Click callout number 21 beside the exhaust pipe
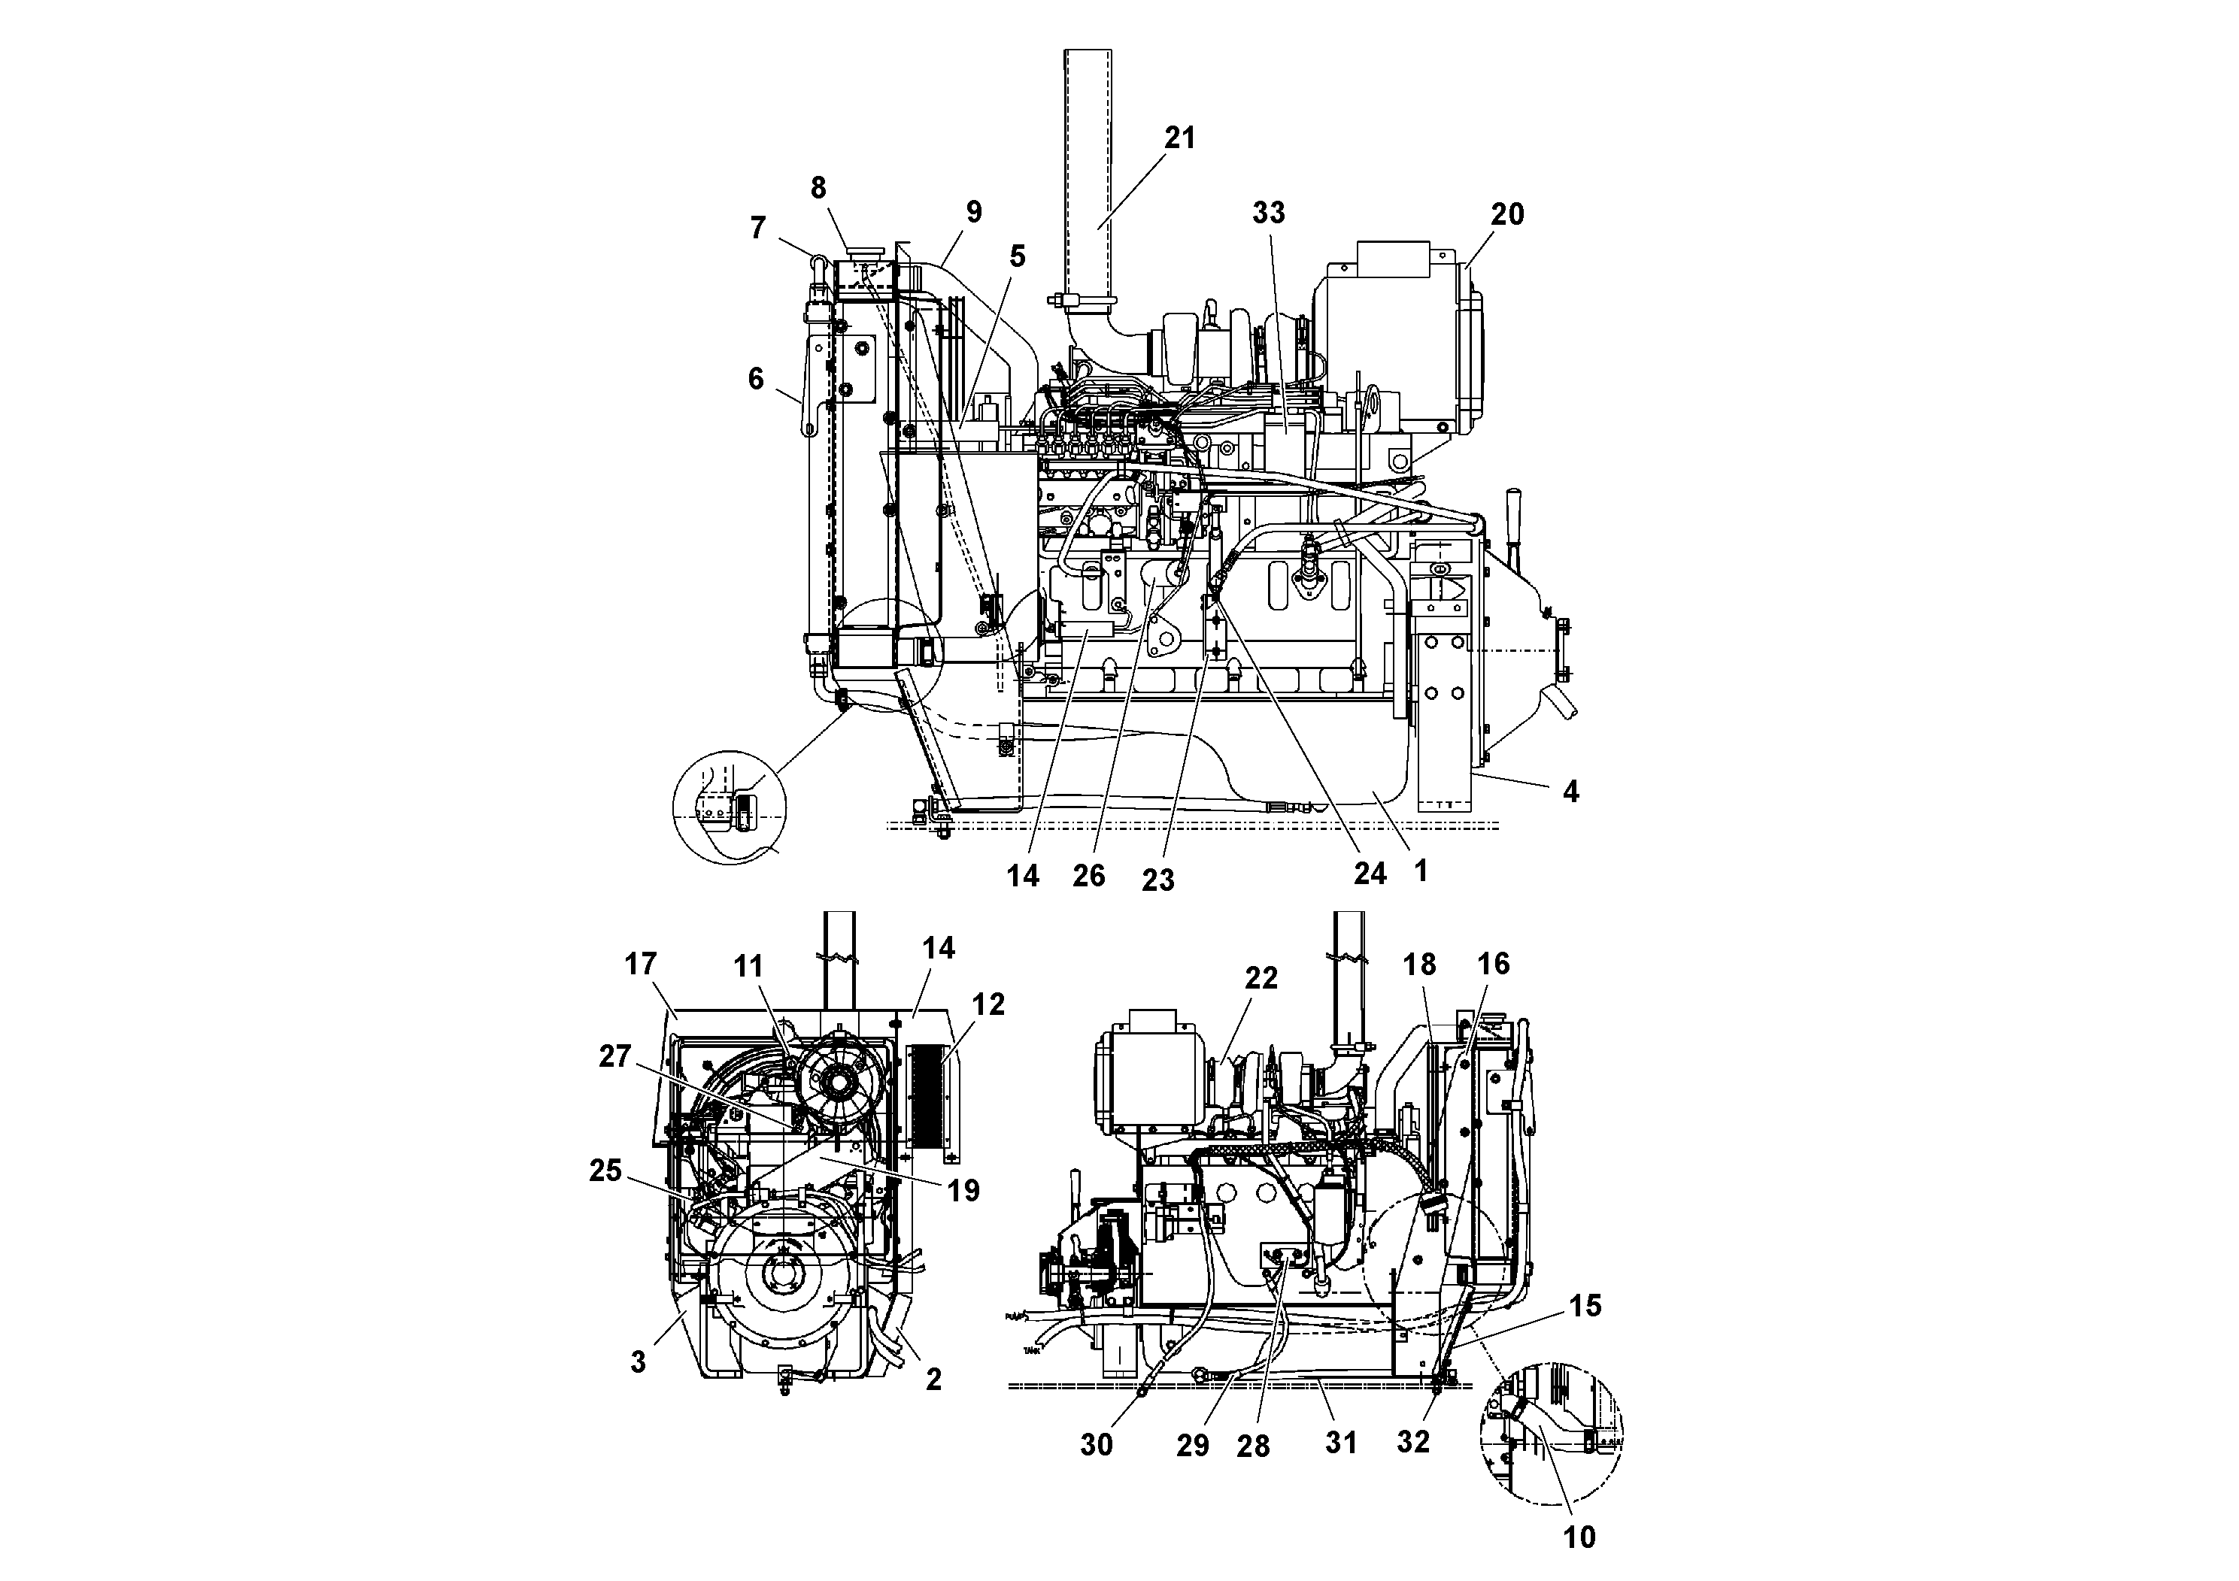[x=1179, y=138]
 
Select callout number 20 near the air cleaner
[x=1506, y=214]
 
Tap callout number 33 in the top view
[x=1269, y=213]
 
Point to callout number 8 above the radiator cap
[x=818, y=188]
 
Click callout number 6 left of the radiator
[x=756, y=378]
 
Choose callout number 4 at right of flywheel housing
[x=1570, y=792]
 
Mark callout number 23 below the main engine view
[x=1157, y=880]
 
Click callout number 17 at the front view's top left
[x=641, y=964]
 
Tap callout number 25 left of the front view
[x=605, y=1171]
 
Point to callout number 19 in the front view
[x=963, y=1190]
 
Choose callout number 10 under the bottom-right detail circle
[x=1579, y=1537]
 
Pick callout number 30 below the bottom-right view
[x=1096, y=1444]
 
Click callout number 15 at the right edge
[x=1585, y=1306]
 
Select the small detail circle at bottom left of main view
[x=730, y=807]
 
